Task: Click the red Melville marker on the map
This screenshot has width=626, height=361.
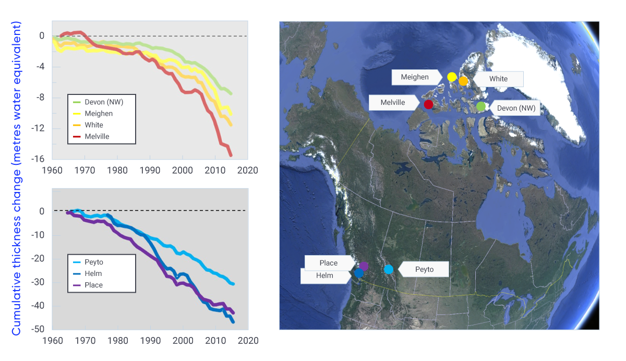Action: [428, 104]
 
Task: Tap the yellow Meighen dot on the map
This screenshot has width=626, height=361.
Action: [452, 77]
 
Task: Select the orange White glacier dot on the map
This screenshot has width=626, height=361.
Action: [463, 81]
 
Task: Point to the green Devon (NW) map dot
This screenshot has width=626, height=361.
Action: [481, 106]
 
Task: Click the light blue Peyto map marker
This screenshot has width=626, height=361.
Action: [389, 269]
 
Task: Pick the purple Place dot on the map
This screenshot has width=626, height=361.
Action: [364, 266]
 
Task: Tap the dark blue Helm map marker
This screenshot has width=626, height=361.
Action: [359, 273]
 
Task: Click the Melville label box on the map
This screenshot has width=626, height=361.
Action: [393, 103]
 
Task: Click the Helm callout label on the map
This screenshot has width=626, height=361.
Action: [324, 276]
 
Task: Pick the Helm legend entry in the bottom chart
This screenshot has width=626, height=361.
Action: [93, 273]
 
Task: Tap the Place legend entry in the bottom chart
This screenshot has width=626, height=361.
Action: [93, 285]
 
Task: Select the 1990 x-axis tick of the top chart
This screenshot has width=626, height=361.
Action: [150, 170]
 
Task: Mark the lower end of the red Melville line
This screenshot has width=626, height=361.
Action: [231, 155]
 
